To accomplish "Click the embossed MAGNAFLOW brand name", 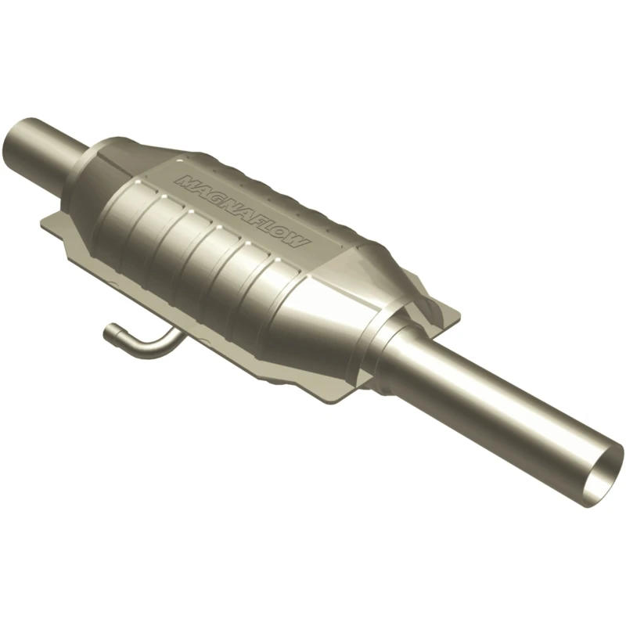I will pyautogui.click(x=243, y=211).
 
